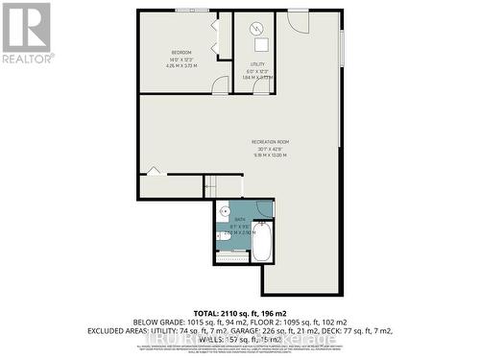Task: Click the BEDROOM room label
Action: click(x=181, y=51)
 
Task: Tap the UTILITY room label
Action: click(x=256, y=64)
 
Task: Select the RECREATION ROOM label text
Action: click(x=270, y=141)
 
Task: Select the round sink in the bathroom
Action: click(x=225, y=211)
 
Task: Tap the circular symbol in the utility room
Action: click(x=256, y=28)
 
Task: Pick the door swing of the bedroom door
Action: click(x=222, y=84)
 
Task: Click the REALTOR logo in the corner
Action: click(x=26, y=33)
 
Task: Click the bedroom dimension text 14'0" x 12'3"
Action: click(x=181, y=60)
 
